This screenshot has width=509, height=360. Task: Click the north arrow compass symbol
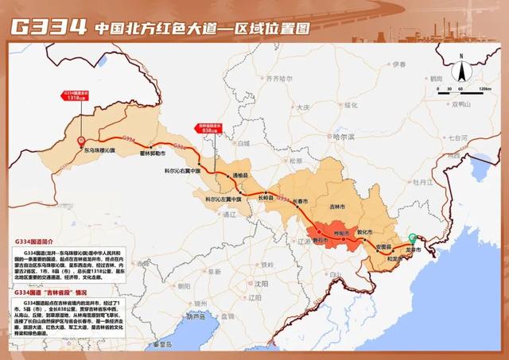[x=460, y=58]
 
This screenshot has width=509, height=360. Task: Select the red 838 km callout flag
[x=208, y=131]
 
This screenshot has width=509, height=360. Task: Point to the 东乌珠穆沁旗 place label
[x=100, y=149]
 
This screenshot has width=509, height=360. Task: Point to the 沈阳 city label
[x=262, y=281]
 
